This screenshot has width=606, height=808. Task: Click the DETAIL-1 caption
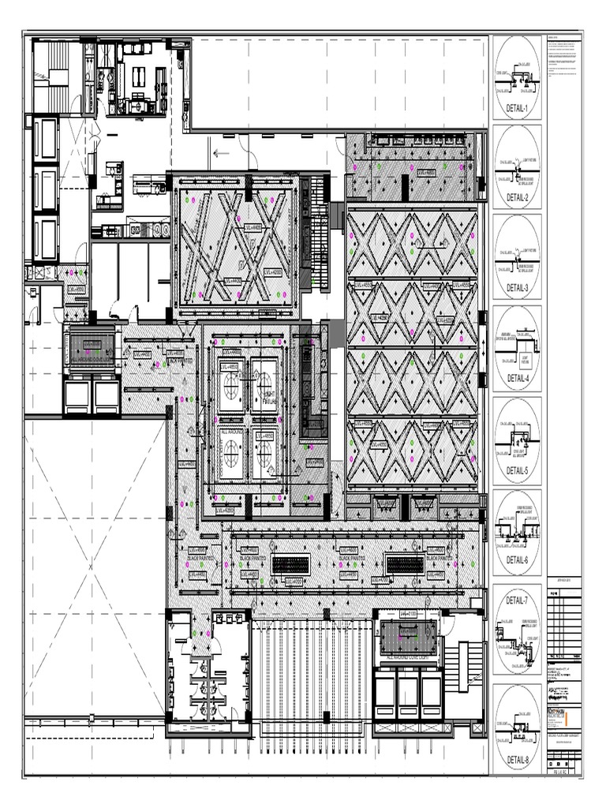(516, 109)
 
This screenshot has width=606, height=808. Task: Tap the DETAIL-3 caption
(516, 289)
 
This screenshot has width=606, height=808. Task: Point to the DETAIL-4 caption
(516, 379)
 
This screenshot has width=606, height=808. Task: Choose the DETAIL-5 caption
(516, 470)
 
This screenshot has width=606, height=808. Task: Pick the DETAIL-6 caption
(516, 560)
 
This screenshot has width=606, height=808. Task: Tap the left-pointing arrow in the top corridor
(221, 154)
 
